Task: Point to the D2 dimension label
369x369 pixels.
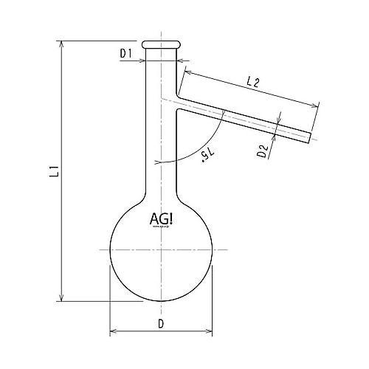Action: pyautogui.click(x=262, y=152)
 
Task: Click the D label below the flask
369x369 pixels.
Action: pyautogui.click(x=161, y=323)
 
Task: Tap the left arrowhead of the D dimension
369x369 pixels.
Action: pyautogui.click(x=113, y=332)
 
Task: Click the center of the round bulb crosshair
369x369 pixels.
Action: pyautogui.click(x=161, y=249)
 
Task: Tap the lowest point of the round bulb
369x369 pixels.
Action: pyautogui.click(x=161, y=300)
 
